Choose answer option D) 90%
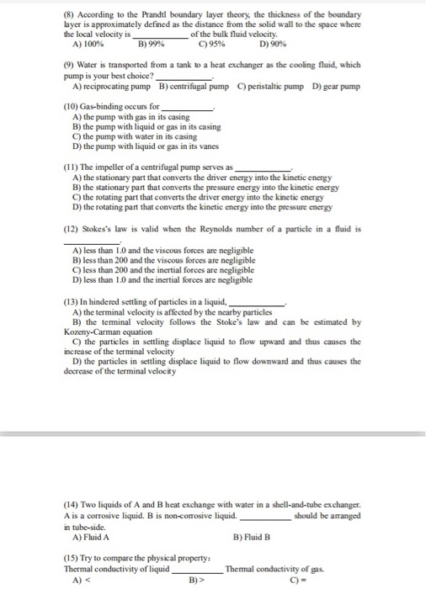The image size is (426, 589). pyautogui.click(x=275, y=42)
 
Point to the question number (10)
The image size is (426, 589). pyautogui.click(x=72, y=108)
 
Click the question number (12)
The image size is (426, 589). pyautogui.click(x=72, y=228)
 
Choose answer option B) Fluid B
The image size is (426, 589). pyautogui.click(x=255, y=536)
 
